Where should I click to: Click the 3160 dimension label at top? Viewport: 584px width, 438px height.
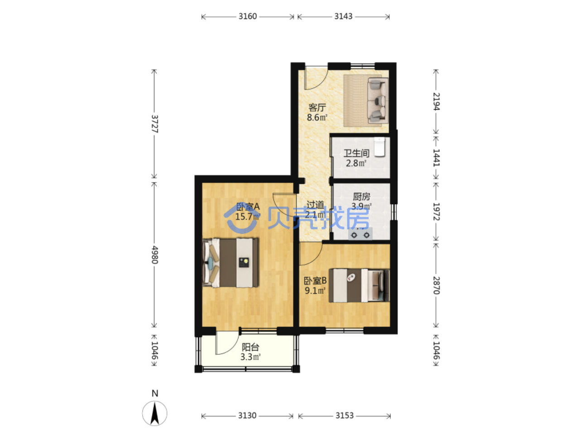coord(248,16)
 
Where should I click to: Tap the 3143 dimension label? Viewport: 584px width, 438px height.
coord(343,16)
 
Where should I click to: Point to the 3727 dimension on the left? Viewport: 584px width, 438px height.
coord(154,124)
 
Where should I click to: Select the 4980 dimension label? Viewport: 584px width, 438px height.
coord(154,255)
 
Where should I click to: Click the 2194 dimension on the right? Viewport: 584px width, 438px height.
coord(436,101)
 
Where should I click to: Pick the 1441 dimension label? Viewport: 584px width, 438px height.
coord(436,158)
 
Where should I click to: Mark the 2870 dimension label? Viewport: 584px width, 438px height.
coord(436,285)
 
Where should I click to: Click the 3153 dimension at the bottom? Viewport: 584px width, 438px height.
coord(344,416)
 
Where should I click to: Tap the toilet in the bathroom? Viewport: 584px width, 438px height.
coord(379,147)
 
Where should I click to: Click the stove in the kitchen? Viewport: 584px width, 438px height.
coord(360,234)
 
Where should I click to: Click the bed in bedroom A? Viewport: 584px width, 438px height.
coord(230,263)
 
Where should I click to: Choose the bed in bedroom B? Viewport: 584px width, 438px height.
coord(359,285)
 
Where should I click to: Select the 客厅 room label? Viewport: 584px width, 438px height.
coord(317,107)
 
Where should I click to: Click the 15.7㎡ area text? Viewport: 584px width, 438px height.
coord(247,217)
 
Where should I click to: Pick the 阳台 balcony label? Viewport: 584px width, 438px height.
coord(250,347)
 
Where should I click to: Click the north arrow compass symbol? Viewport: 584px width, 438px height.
coord(154,414)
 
